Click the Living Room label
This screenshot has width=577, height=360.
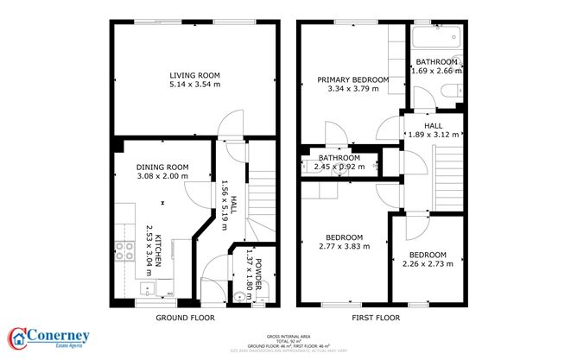tap(193, 76)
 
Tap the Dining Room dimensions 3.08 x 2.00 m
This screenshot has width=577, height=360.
tap(162, 177)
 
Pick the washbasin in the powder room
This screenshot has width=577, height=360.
tap(239, 296)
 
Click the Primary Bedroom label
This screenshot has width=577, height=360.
tap(352, 80)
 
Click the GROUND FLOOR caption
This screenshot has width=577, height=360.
tap(185, 318)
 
